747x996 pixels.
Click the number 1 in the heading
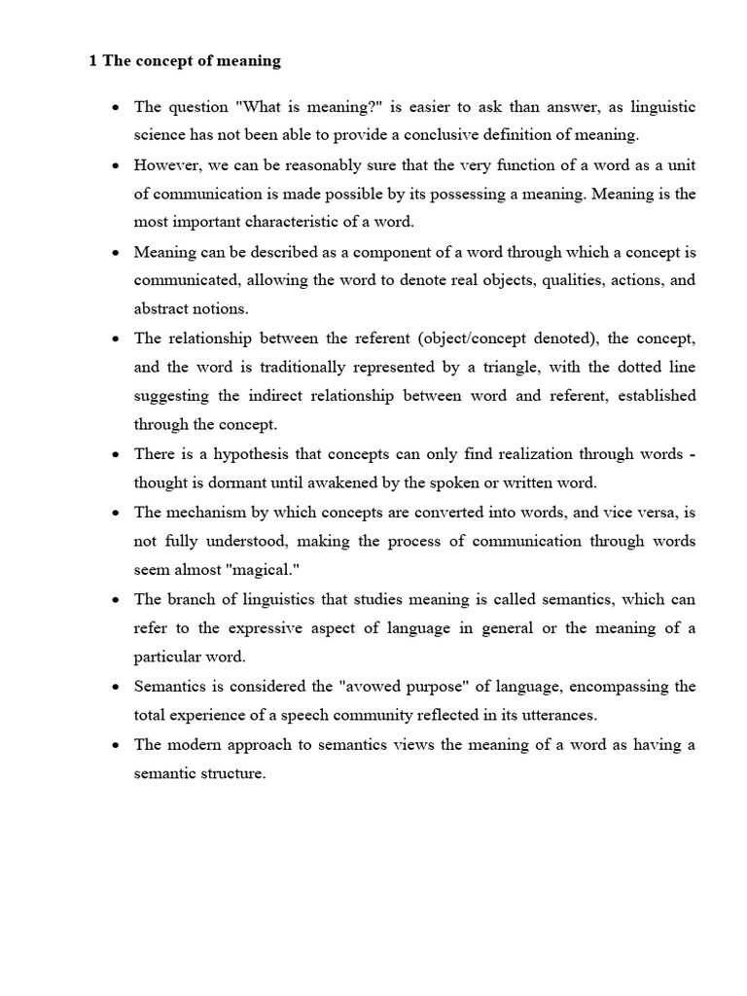(92, 61)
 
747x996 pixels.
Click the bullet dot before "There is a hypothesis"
(116, 455)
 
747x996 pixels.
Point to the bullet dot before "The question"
(116, 108)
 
